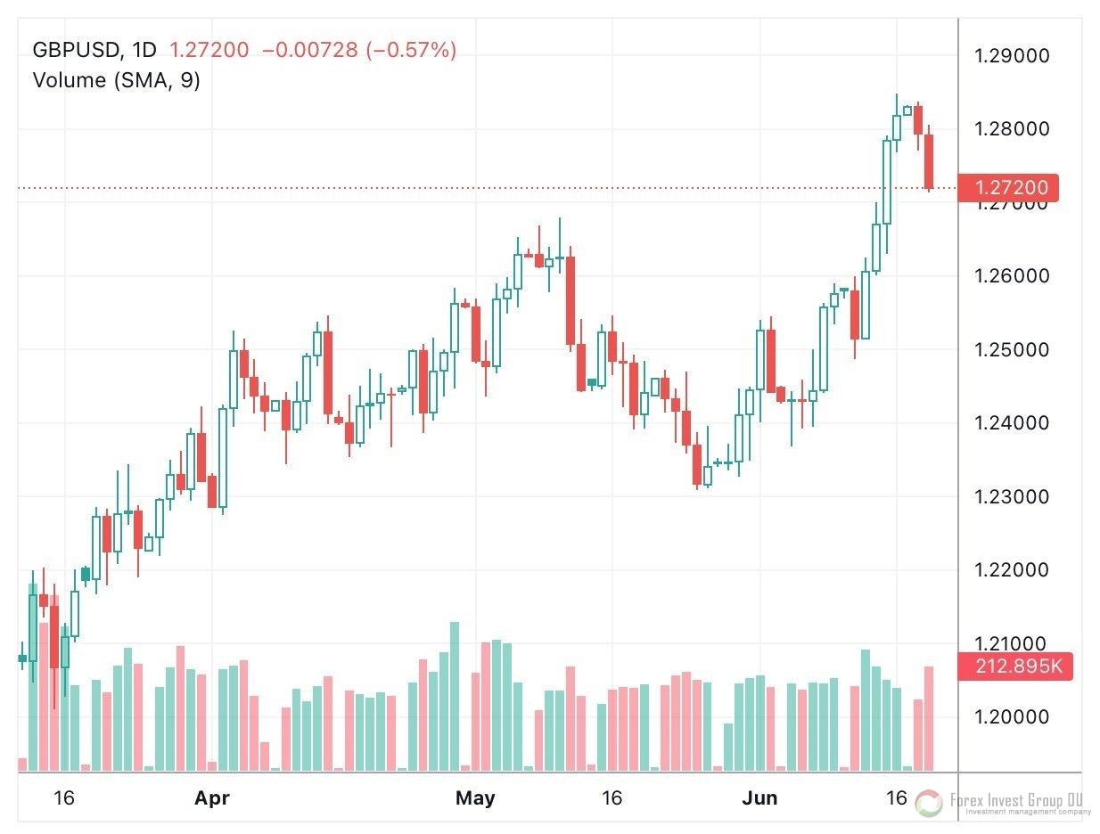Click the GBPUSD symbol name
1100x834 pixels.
(75, 50)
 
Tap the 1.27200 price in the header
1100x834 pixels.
(209, 50)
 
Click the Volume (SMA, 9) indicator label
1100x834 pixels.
(116, 80)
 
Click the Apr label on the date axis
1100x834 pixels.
(212, 798)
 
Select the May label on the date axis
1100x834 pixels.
(475, 798)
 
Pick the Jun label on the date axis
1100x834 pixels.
(760, 798)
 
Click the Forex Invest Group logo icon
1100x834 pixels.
(928, 803)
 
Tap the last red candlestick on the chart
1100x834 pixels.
(928, 161)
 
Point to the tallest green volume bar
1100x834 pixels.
(455, 695)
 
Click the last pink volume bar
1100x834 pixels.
(928, 718)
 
